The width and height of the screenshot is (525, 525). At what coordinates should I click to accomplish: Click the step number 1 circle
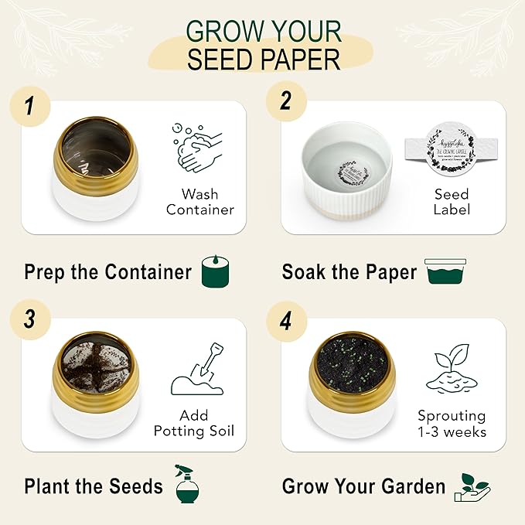click(28, 105)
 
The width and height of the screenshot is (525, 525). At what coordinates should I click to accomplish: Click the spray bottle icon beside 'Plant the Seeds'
click(186, 484)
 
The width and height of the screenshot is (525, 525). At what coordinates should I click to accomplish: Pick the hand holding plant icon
click(474, 485)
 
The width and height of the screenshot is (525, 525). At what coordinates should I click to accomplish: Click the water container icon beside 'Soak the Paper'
click(445, 272)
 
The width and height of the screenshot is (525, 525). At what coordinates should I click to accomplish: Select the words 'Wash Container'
click(200, 202)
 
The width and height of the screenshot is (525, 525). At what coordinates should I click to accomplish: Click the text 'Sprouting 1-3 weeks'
click(452, 424)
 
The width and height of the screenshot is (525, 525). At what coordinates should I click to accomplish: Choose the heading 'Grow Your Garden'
click(363, 486)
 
